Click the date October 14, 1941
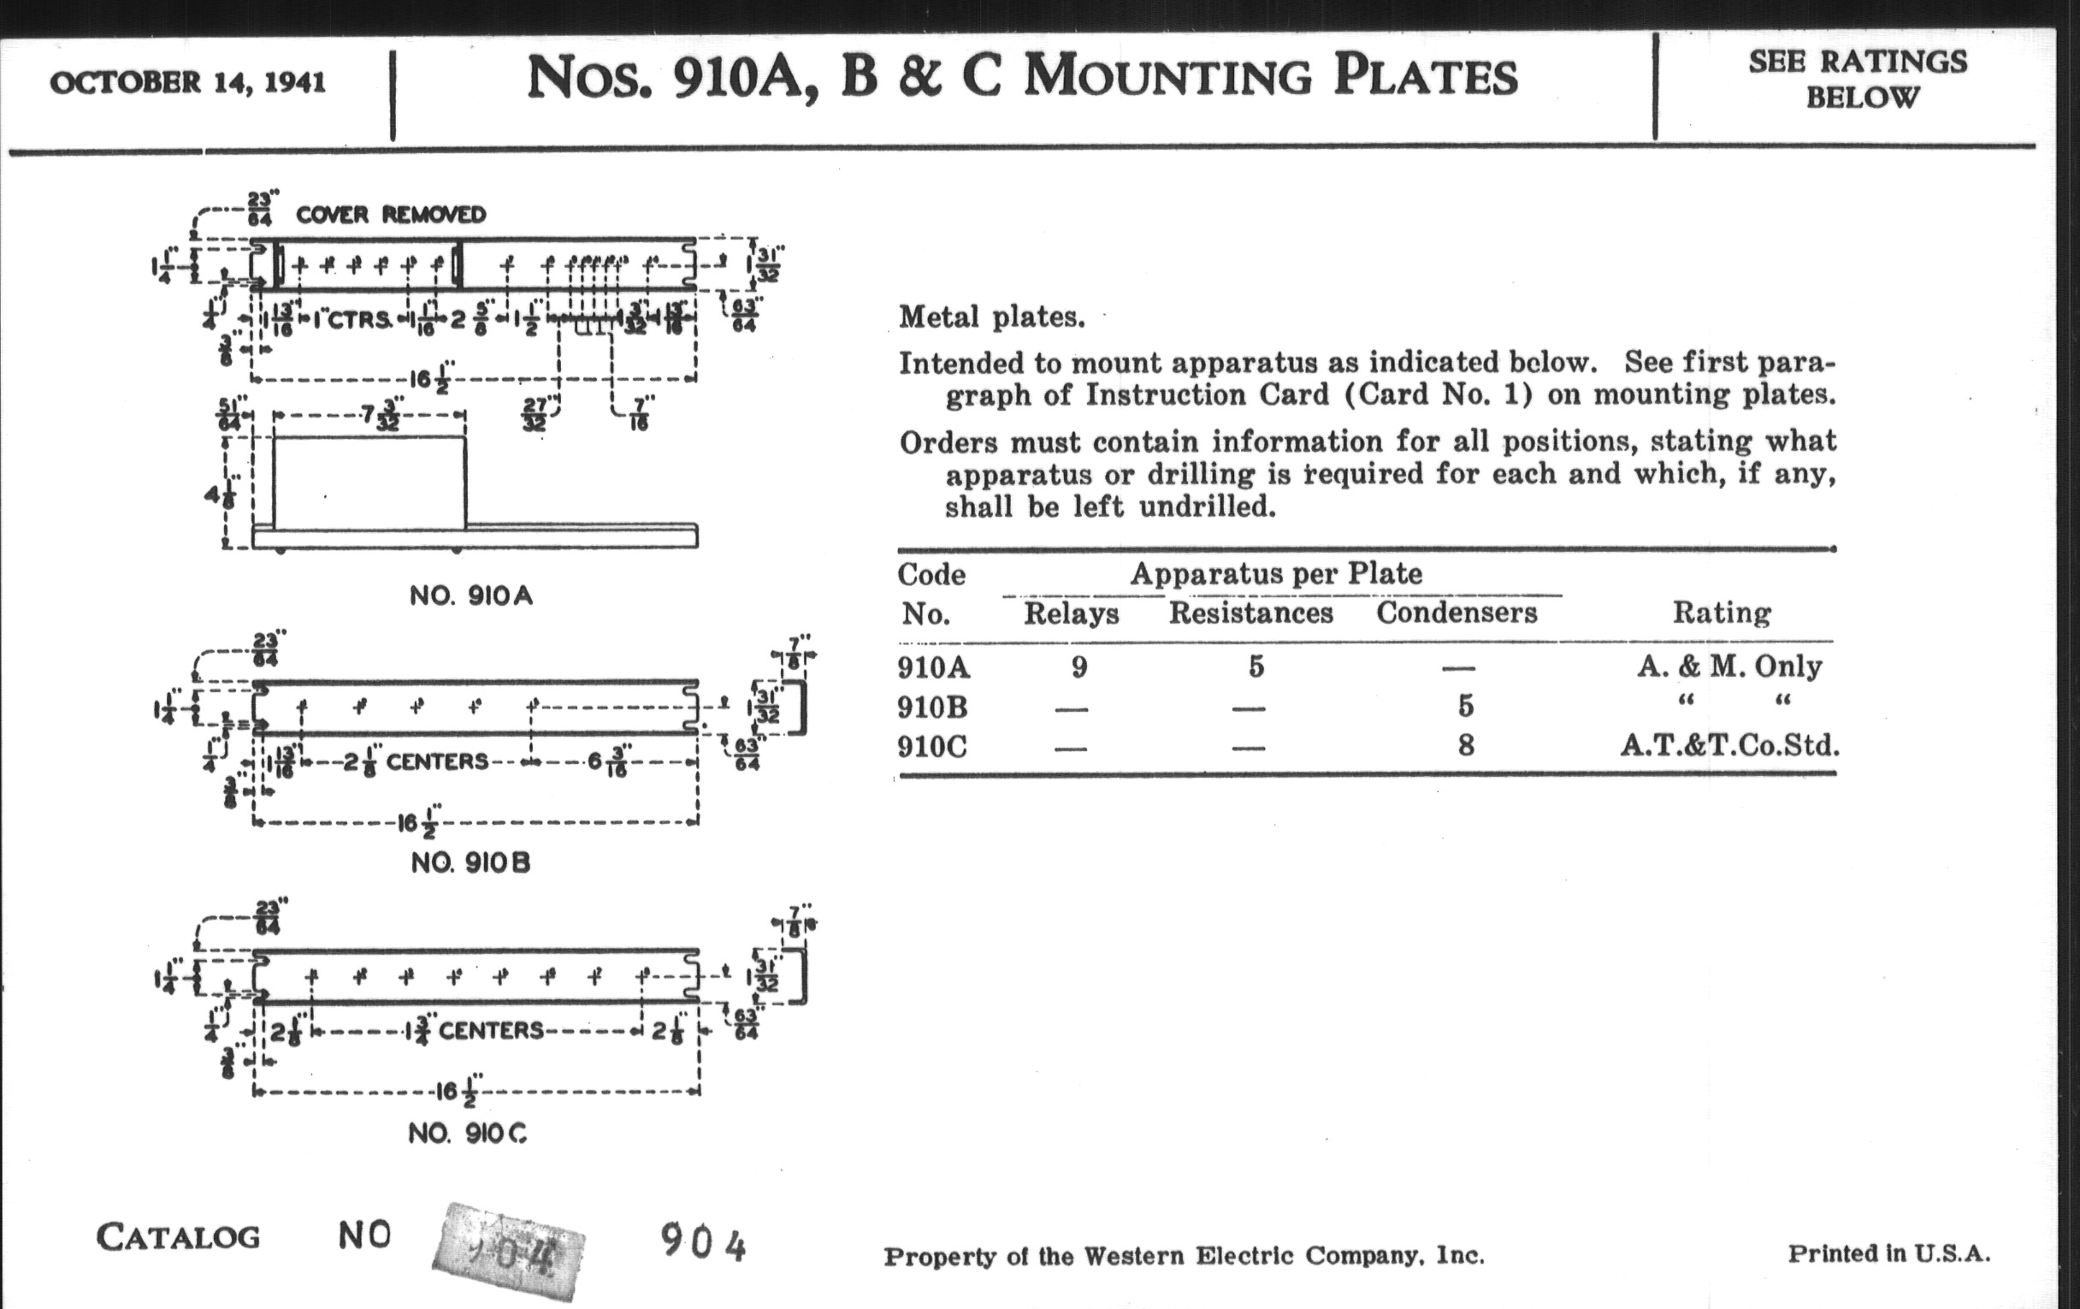pyautogui.click(x=187, y=83)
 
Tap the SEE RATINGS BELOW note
pyautogui.click(x=1858, y=79)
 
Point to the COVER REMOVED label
pyautogui.click(x=391, y=214)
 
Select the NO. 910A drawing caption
pyautogui.click(x=470, y=595)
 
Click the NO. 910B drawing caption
pyautogui.click(x=470, y=862)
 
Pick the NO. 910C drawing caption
pyautogui.click(x=467, y=1133)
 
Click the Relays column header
pyautogui.click(x=1071, y=613)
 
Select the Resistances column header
pyautogui.click(x=1250, y=613)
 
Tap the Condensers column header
pyautogui.click(x=1457, y=613)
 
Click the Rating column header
pyautogui.click(x=1722, y=613)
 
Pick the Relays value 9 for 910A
pyautogui.click(x=1078, y=666)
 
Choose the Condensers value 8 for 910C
pyautogui.click(x=1465, y=745)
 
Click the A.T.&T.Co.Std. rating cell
pyautogui.click(x=1729, y=745)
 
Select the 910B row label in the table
pyautogui.click(x=932, y=707)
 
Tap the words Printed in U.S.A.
pyautogui.click(x=1888, y=1253)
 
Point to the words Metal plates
pyautogui.click(x=991, y=317)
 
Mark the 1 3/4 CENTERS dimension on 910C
pyautogui.click(x=473, y=1030)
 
